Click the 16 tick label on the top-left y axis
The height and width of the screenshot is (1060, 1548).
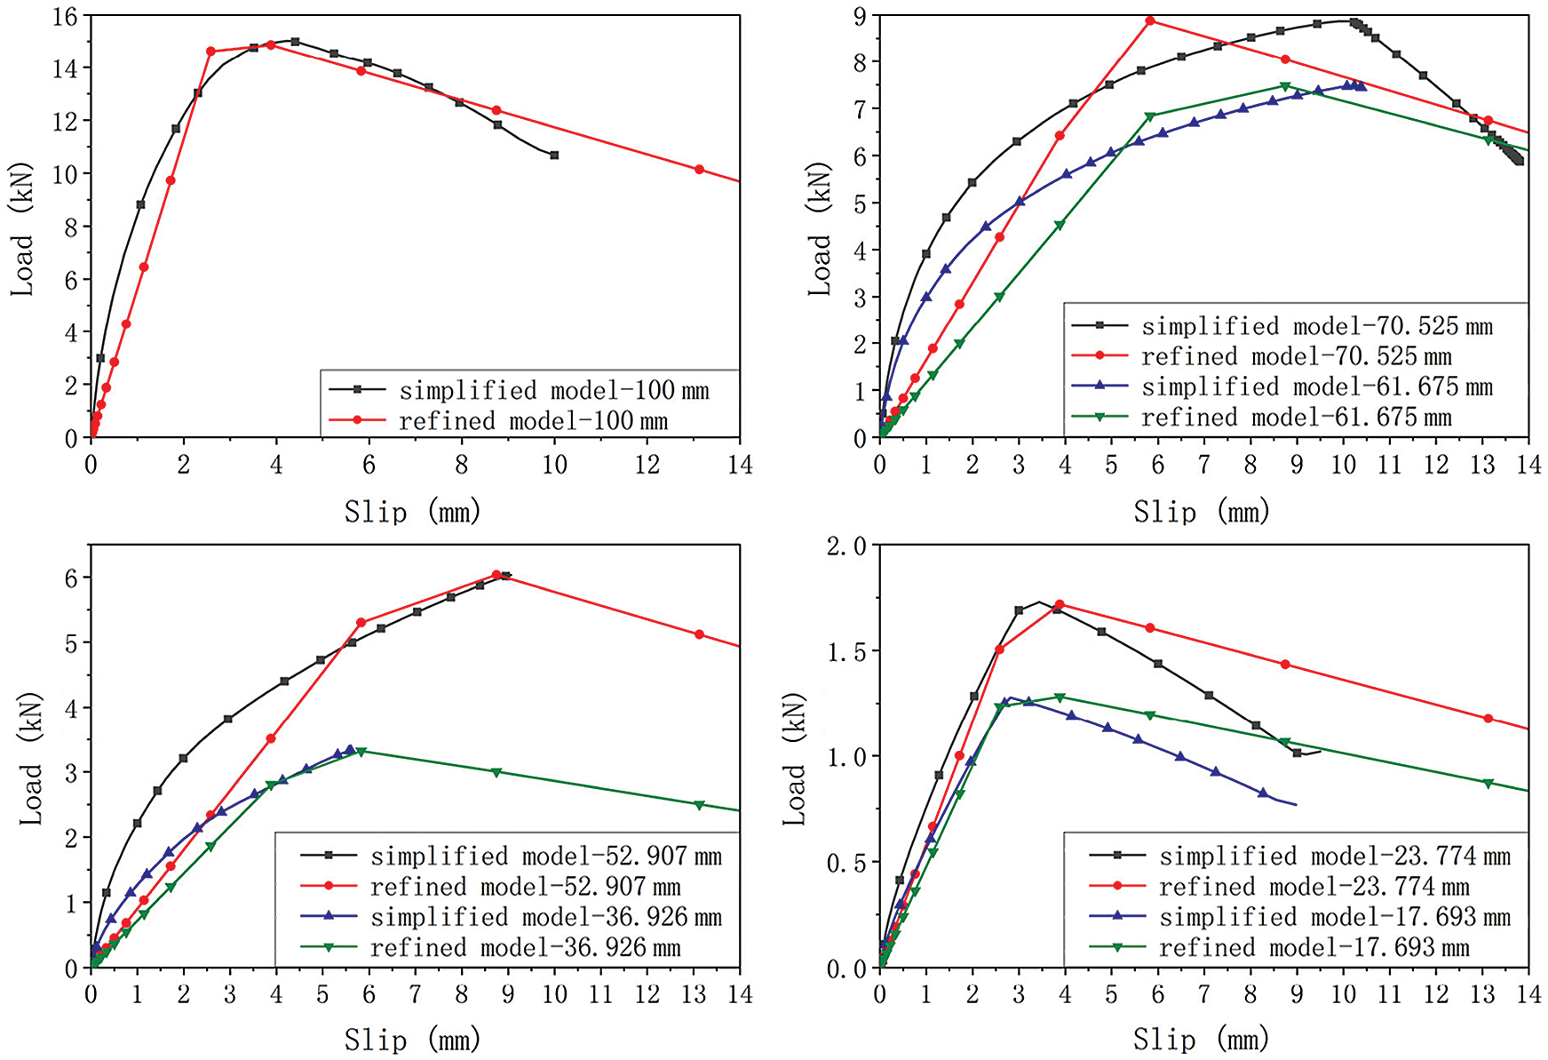tap(65, 16)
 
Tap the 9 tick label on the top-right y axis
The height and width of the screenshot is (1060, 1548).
tap(860, 16)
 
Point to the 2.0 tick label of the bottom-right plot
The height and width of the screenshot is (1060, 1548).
tap(845, 546)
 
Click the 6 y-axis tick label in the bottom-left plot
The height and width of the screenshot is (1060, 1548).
tap(71, 578)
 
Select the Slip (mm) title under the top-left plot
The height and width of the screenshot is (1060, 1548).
tap(413, 512)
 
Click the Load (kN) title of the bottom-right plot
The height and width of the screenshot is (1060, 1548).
tap(795, 757)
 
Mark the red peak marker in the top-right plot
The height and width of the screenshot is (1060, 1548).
tap(1150, 20)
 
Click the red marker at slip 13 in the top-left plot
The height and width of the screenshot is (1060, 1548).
tap(699, 170)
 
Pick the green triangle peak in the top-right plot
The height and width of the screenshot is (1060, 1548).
tap(1284, 86)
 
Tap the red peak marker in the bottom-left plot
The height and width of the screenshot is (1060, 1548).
tap(496, 575)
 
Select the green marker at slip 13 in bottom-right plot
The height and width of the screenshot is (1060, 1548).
tap(1488, 784)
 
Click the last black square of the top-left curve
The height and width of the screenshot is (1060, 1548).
tap(554, 155)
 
